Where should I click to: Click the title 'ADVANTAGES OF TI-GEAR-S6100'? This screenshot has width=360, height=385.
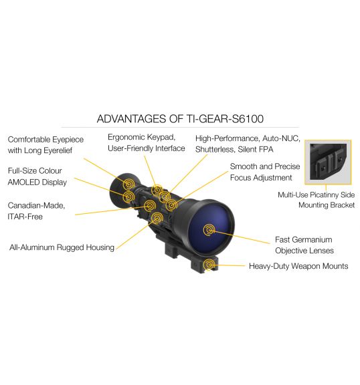180,119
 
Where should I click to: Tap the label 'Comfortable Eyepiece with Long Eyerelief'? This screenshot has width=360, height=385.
46,145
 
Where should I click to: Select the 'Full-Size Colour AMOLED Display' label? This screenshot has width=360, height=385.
37,176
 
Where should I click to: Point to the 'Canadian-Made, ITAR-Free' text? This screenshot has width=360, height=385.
36,211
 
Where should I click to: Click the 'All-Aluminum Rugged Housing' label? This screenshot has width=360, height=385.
62,247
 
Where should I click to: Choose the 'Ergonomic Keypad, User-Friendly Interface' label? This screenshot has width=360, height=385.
147,142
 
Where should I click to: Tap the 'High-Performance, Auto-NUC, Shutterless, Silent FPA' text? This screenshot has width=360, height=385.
248,144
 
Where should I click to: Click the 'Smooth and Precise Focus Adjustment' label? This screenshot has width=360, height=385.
265,172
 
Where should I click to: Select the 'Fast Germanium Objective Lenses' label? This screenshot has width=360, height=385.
304,245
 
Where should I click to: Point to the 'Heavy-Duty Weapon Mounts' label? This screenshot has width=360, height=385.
298,266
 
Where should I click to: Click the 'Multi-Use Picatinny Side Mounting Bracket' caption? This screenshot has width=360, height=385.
317,200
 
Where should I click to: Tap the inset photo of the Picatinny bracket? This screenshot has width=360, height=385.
328,162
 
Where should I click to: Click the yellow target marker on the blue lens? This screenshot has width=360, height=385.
209,230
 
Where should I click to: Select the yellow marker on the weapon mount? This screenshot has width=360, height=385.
209,265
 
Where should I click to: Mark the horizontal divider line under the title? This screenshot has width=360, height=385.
180,127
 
